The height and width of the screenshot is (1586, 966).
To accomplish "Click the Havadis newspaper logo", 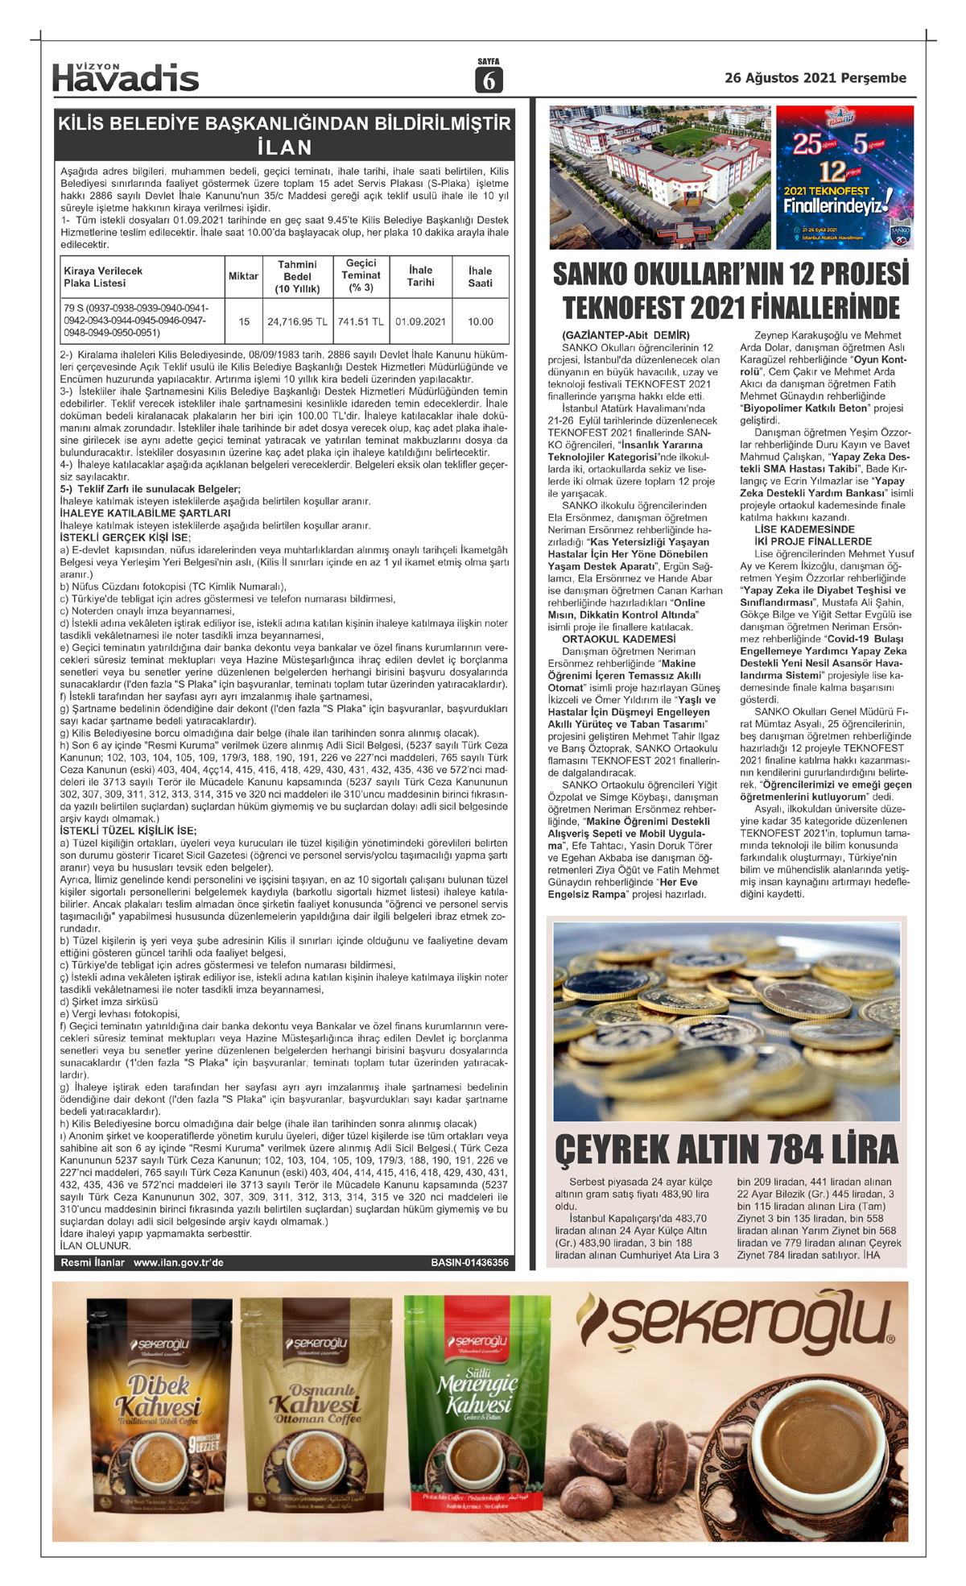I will pyautogui.click(x=126, y=77).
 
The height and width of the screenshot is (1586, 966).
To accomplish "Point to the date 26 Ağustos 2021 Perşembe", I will pyautogui.click(x=815, y=78).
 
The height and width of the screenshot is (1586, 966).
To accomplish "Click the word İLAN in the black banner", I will pyautogui.click(x=284, y=147).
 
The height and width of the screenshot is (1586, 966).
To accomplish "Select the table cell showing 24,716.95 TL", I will pyautogui.click(x=297, y=321).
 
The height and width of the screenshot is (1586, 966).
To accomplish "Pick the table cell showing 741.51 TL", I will pyautogui.click(x=361, y=321).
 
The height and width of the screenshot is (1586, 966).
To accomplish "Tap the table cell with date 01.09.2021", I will pyautogui.click(x=420, y=321).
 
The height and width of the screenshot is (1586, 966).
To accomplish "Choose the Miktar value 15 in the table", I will pyautogui.click(x=244, y=321).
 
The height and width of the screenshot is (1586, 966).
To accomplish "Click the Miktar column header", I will pyautogui.click(x=243, y=276).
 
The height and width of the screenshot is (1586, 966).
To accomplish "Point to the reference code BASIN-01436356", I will pyautogui.click(x=469, y=1262).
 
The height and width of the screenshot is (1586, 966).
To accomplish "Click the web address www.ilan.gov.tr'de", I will pyautogui.click(x=179, y=1262).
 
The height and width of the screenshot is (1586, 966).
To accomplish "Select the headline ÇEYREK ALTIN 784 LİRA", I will pyautogui.click(x=726, y=1149).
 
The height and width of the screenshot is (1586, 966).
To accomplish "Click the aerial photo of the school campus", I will pyautogui.click(x=659, y=177).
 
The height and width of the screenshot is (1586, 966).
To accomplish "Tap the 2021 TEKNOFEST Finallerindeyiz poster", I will pyautogui.click(x=844, y=177).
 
